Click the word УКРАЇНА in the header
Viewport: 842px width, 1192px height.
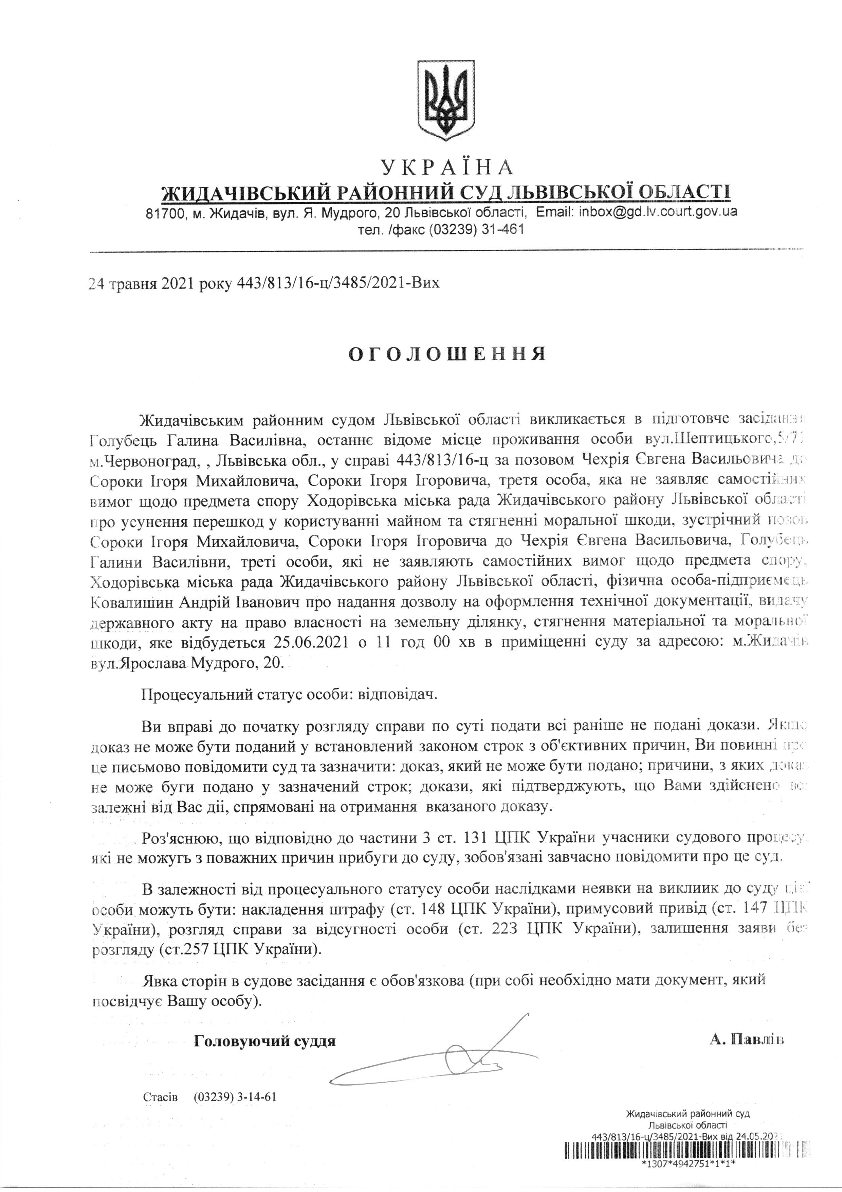[x=447, y=168]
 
